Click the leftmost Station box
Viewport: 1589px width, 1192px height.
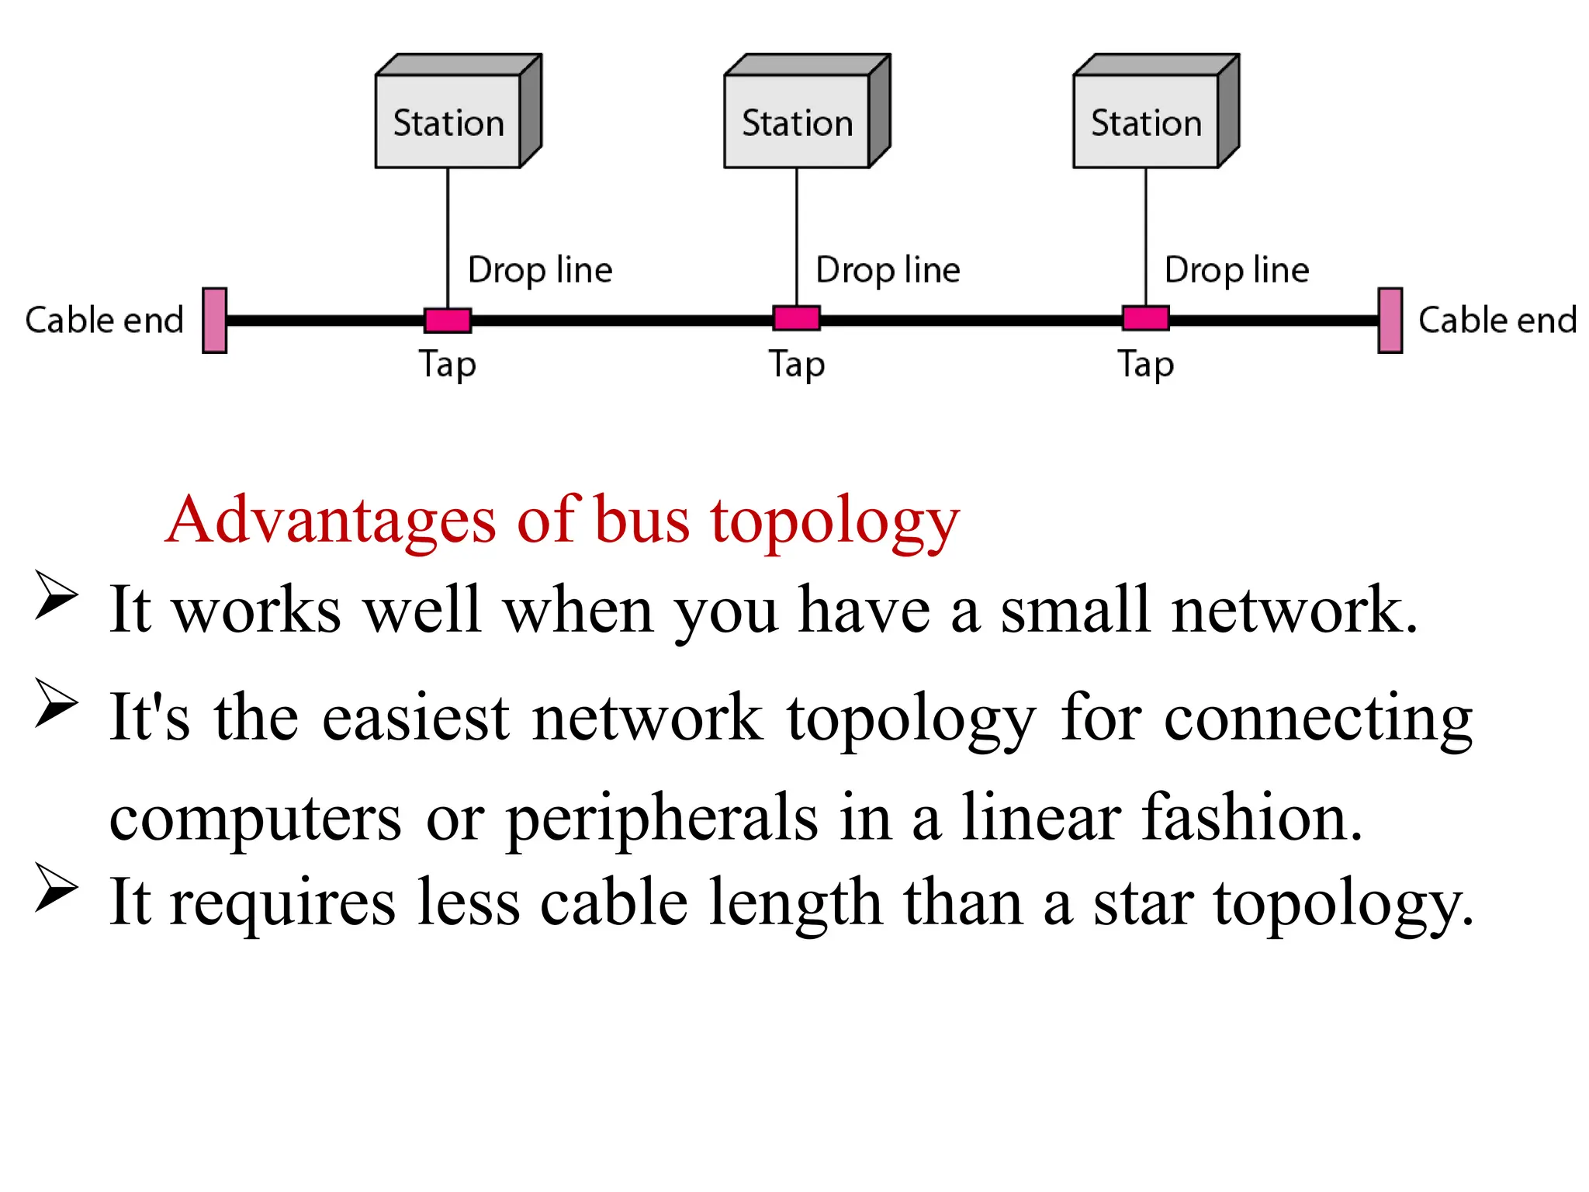click(448, 122)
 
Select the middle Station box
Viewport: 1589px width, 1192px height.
click(798, 122)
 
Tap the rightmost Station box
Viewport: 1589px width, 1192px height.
click(1146, 122)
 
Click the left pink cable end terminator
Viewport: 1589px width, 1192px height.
click(214, 321)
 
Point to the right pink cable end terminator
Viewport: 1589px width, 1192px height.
click(1390, 321)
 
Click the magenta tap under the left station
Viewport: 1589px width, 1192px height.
click(448, 320)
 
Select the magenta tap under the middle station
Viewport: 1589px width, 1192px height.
click(796, 318)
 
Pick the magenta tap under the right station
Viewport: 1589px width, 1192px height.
click(1145, 318)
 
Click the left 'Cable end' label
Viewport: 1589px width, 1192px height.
click(104, 320)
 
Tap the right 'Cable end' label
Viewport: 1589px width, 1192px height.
click(1497, 320)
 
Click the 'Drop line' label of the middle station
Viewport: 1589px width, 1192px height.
click(888, 270)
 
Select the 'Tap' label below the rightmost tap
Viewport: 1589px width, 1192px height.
click(1145, 364)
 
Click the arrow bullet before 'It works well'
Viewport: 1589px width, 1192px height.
click(56, 595)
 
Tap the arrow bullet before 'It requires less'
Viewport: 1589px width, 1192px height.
click(56, 888)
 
